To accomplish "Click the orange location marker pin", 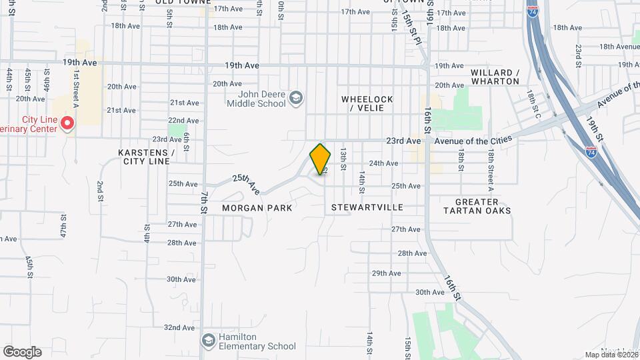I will [320, 159].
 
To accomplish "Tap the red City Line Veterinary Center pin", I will [67, 123].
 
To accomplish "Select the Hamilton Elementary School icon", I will [209, 341].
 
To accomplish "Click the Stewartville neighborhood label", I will [367, 207].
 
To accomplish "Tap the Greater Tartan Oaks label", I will [477, 206].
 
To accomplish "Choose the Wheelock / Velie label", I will [367, 103].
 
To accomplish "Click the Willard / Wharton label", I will [495, 77].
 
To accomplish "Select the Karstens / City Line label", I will [146, 157].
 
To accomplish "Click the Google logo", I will [22, 352].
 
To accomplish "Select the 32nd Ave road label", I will [179, 327].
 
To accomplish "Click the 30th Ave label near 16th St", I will [429, 292].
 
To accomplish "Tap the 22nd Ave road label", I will [183, 121].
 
